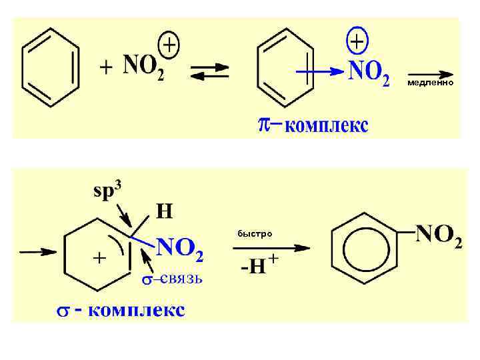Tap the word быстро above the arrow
point(255,234)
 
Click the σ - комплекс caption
point(120,311)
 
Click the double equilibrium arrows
point(209,71)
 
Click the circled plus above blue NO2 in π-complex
point(358,42)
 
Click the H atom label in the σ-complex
point(164,212)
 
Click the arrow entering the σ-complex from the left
point(38,251)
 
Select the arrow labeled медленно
point(430,73)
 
